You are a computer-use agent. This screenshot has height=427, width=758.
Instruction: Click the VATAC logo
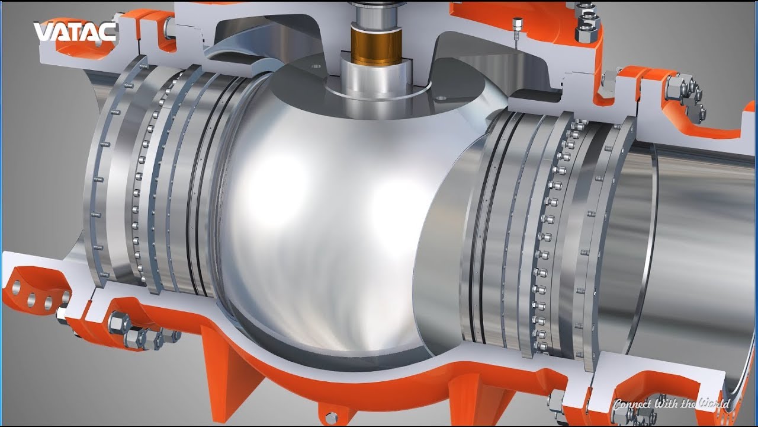tap(75, 31)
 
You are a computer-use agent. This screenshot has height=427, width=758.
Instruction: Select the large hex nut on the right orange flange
tap(675, 86)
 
